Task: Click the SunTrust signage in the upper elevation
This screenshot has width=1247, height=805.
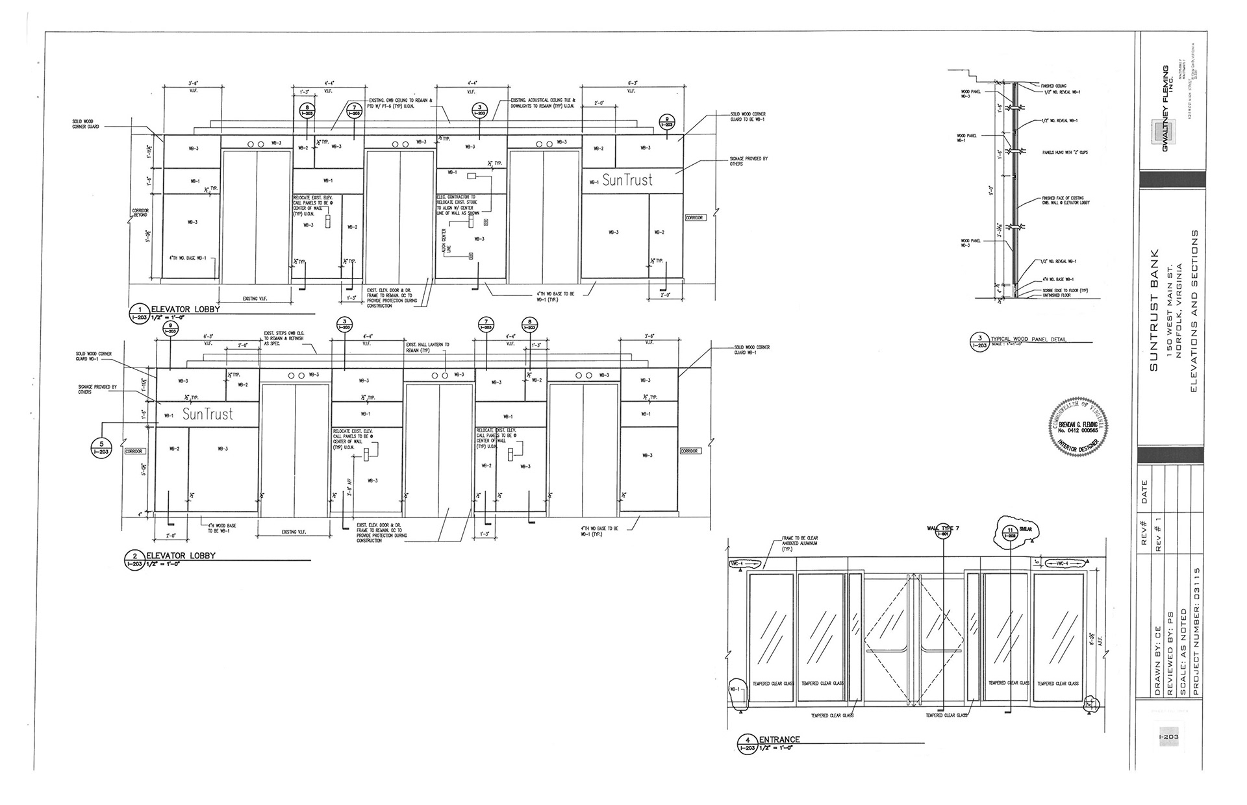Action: [627, 180]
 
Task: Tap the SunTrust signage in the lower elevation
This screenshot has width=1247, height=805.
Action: [207, 414]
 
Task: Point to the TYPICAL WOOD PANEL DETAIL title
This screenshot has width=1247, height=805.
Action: [1028, 340]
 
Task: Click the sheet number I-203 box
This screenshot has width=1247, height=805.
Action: [1168, 737]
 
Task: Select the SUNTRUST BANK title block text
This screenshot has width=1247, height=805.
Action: [1153, 310]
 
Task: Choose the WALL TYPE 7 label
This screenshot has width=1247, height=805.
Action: [943, 529]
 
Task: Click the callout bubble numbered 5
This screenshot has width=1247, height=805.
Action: [101, 447]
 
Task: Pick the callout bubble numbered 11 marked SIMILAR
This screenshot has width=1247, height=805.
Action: [1011, 532]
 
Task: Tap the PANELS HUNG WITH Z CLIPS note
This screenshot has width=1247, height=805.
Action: [1064, 153]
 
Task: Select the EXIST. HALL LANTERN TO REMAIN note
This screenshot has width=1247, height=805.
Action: [427, 347]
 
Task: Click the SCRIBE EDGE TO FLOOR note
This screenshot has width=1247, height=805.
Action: [1064, 290]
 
